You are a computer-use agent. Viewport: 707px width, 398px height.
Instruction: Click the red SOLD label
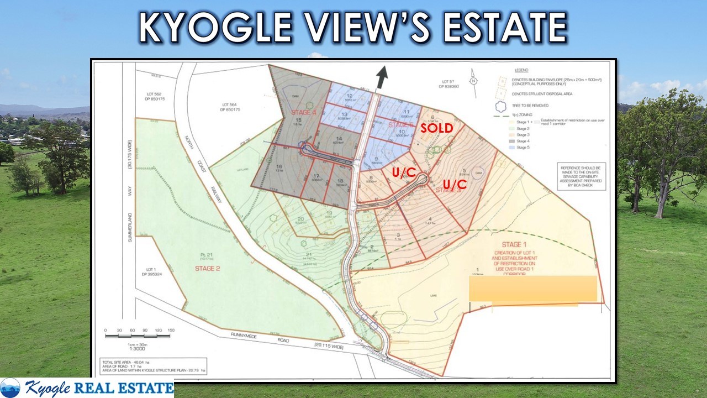(437, 128)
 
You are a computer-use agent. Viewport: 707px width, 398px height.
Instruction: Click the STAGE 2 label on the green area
(208, 269)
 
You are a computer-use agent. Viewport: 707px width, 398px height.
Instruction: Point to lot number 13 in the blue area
(344, 114)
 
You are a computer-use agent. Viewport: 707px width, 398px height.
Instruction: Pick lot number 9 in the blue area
(376, 158)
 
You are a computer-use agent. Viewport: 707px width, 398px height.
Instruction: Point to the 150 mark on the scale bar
(171, 331)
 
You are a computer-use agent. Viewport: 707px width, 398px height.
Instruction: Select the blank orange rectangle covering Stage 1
(533, 289)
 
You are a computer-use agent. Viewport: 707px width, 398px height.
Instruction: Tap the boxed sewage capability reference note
(581, 177)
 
